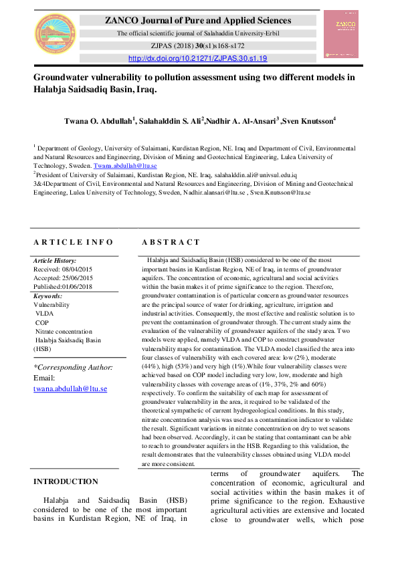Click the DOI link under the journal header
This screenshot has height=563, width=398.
[197, 58]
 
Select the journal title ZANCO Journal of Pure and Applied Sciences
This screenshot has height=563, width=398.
[198, 21]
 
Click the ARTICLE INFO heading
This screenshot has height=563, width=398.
[74, 242]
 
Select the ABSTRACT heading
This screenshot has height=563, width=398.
[171, 242]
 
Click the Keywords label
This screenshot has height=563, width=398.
[47, 296]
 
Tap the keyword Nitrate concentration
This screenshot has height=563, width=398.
[64, 331]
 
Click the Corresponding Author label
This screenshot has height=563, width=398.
[73, 367]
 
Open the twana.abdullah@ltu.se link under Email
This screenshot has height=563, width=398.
[70, 388]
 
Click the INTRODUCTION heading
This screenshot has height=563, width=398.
[66, 481]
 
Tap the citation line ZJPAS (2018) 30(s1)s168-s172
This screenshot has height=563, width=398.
[198, 46]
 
